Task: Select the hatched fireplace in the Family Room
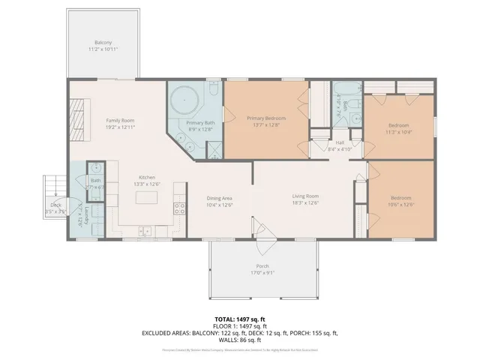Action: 77,116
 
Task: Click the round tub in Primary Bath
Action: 183,100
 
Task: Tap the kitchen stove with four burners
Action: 179,208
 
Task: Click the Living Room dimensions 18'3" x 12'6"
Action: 305,202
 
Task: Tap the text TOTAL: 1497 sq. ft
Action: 240,319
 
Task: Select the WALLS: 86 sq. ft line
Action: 240,341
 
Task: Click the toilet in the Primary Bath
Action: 213,91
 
